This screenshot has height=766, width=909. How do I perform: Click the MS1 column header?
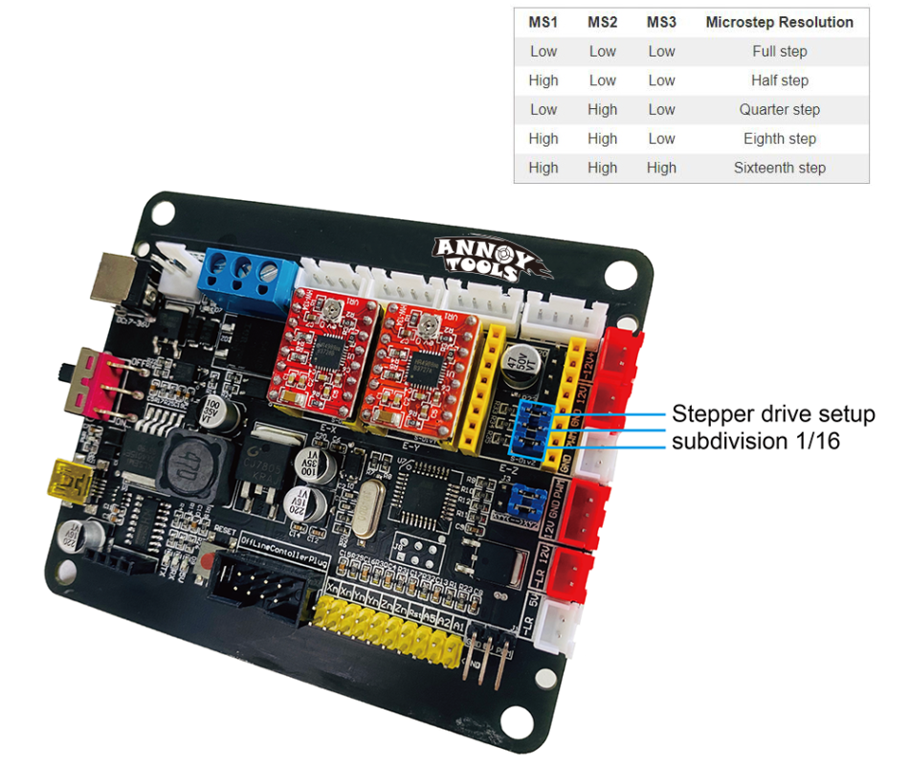tap(543, 22)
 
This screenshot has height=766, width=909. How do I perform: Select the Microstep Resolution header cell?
tap(779, 22)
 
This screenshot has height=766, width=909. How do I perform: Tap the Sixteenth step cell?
tap(779, 168)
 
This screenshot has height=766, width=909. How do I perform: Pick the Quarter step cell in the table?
tap(779, 109)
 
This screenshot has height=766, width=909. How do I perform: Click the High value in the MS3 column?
tap(661, 168)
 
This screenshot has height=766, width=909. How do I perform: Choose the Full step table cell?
tap(779, 52)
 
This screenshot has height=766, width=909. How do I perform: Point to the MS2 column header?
tap(602, 22)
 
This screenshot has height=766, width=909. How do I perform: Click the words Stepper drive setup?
tap(773, 415)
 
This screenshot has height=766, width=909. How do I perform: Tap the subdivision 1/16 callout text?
tap(756, 441)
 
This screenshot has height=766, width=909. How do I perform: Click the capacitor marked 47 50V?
tap(524, 367)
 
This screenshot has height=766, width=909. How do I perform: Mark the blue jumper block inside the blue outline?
tap(532, 429)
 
